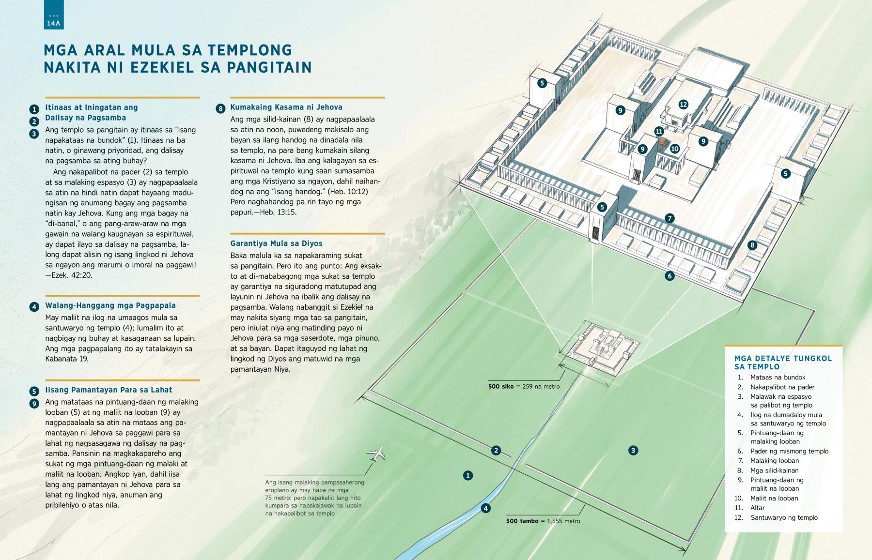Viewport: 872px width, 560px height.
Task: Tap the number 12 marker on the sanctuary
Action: click(683, 104)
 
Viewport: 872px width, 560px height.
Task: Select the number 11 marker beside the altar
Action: click(659, 131)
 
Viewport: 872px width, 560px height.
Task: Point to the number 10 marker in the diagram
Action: click(674, 149)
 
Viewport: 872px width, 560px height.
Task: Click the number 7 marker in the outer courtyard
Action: click(670, 218)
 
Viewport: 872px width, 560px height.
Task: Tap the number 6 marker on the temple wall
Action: click(670, 276)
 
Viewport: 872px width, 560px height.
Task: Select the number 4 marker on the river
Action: click(485, 508)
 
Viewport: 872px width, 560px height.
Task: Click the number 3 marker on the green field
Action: click(633, 451)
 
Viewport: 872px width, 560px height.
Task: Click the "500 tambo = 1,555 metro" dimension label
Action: click(543, 521)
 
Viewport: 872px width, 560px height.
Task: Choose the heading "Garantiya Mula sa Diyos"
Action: click(276, 243)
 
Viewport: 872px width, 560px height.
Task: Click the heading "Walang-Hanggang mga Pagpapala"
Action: click(110, 305)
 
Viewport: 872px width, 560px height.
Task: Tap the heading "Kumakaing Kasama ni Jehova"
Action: click(286, 107)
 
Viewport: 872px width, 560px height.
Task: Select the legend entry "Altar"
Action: click(757, 508)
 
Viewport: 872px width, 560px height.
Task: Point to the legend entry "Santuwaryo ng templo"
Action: click(784, 517)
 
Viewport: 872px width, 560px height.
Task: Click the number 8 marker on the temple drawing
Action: click(752, 245)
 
